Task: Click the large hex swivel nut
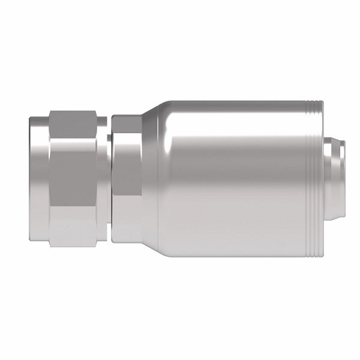coord(78,180)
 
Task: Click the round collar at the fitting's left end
coord(37,180)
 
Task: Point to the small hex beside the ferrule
coord(127,180)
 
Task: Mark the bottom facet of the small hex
coord(127,225)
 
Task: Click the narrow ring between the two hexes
coord(109,180)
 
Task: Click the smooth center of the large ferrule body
coord(234,180)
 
